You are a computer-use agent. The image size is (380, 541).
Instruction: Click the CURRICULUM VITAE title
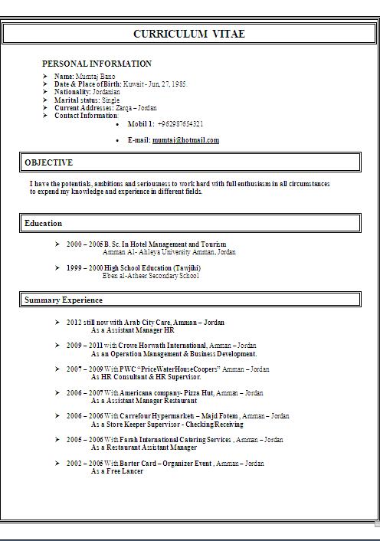(x=189, y=34)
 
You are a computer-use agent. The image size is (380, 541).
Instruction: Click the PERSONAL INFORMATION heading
(x=97, y=64)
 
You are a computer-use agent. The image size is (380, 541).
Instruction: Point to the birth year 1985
(x=178, y=84)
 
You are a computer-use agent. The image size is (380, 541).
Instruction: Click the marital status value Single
(x=110, y=100)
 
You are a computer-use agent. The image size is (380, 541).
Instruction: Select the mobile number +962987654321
(x=181, y=123)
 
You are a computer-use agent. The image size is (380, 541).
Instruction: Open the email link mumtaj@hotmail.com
(x=185, y=140)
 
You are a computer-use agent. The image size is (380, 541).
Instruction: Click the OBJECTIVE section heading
(x=48, y=162)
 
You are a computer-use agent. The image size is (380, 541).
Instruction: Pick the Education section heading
(x=43, y=223)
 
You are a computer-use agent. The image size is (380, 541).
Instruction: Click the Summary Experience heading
(x=63, y=300)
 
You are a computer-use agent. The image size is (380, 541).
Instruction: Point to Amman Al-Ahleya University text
(x=159, y=251)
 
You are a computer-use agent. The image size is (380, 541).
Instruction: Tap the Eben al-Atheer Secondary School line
(x=150, y=275)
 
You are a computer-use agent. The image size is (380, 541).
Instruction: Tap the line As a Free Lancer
(x=116, y=471)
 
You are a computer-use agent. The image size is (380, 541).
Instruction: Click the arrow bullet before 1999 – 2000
(x=57, y=267)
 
